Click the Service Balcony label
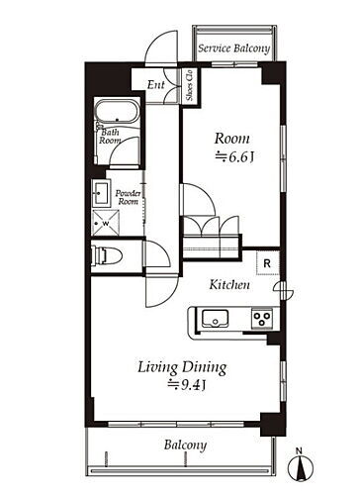(233, 49)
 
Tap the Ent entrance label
(156, 85)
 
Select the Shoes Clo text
(189, 85)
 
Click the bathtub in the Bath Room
(117, 112)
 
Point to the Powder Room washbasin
(101, 193)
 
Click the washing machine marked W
(106, 224)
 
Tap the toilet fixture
(107, 255)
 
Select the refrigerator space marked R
(268, 263)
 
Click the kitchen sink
(216, 319)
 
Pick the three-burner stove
(262, 319)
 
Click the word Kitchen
(229, 285)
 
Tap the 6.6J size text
(234, 157)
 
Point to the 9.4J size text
(187, 385)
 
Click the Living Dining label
(182, 368)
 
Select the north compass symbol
(300, 466)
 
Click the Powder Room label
(128, 197)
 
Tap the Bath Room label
(110, 137)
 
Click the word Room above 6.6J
(232, 139)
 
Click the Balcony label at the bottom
(185, 445)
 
